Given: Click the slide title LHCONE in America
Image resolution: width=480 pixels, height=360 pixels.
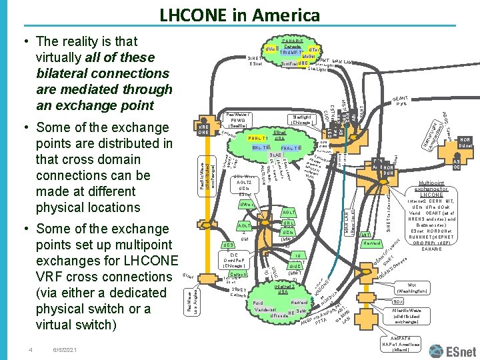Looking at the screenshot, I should click(239, 15).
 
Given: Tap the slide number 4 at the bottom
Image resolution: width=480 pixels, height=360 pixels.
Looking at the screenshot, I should click(30, 349).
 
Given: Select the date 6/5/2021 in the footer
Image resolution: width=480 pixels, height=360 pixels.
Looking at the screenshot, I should click(65, 349).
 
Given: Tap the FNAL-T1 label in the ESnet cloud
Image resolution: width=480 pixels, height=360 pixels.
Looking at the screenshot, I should click(291, 147).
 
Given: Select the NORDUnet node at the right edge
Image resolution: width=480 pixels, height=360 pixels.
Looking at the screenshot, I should click(465, 141).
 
